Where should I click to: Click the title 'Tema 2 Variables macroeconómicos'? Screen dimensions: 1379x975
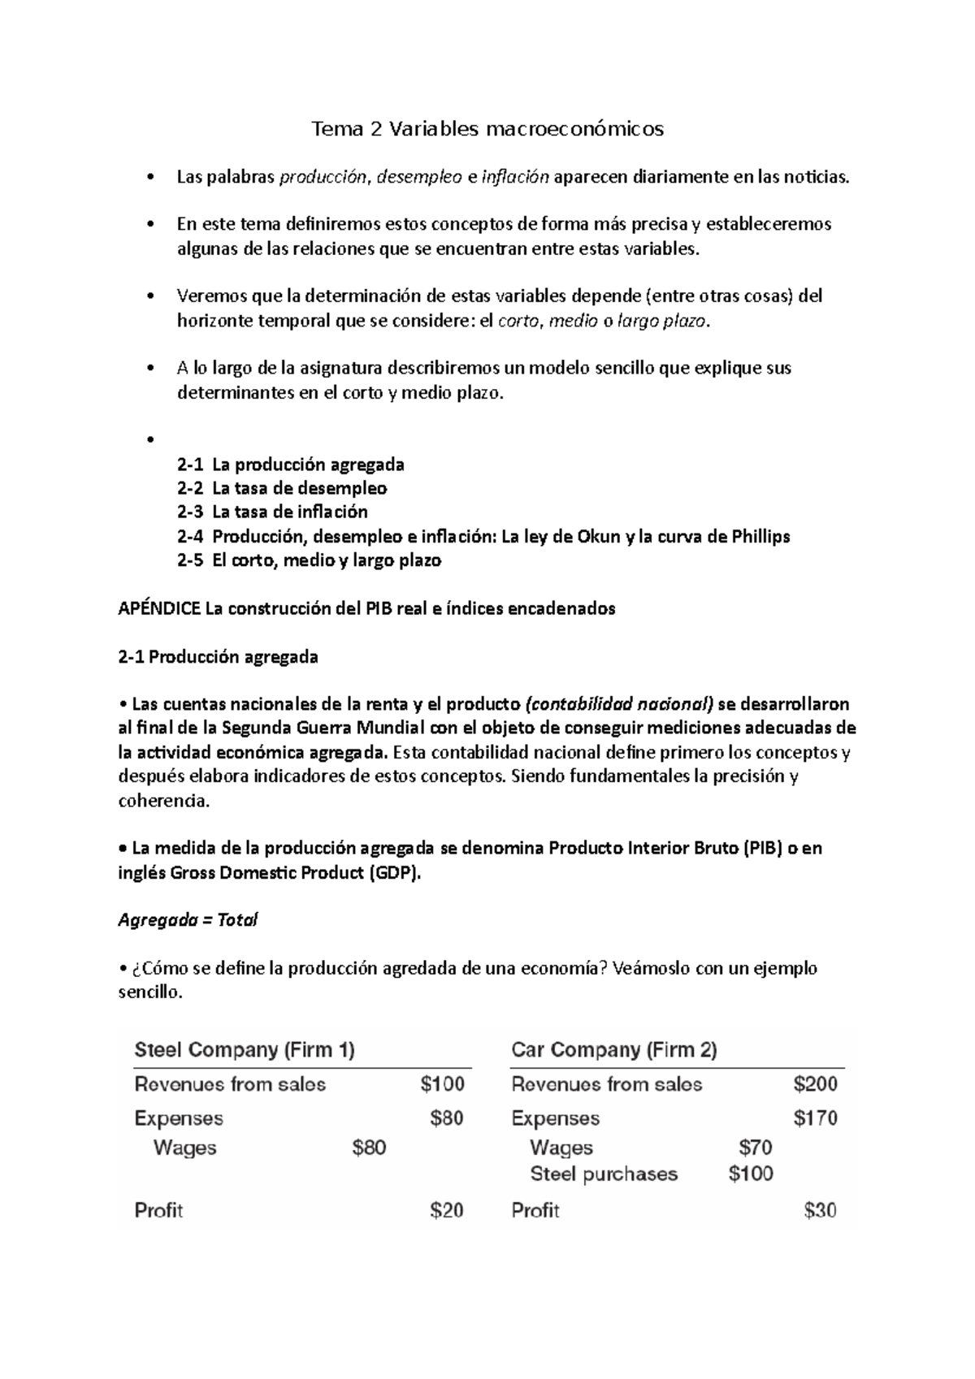point(487,129)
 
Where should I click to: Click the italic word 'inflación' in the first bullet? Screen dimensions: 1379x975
point(515,177)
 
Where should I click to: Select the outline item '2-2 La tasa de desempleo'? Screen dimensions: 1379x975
point(281,489)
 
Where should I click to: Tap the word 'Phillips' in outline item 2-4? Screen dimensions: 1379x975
point(760,537)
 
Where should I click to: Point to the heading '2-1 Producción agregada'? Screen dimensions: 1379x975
point(218,657)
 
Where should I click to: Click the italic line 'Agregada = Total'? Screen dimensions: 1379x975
point(188,921)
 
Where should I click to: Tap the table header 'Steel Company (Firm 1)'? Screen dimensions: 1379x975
point(245,1050)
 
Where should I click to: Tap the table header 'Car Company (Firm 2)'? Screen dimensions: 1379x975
point(614,1050)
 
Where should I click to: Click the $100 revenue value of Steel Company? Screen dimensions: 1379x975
point(443,1084)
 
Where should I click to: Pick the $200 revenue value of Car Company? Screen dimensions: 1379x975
point(815,1084)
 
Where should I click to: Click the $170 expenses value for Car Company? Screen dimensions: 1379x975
point(815,1118)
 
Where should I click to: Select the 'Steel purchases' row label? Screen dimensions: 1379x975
point(603,1174)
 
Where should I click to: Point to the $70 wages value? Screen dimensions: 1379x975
point(756,1148)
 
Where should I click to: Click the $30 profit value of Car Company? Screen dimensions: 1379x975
point(820,1211)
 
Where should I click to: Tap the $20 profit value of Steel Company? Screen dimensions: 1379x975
point(447,1211)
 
